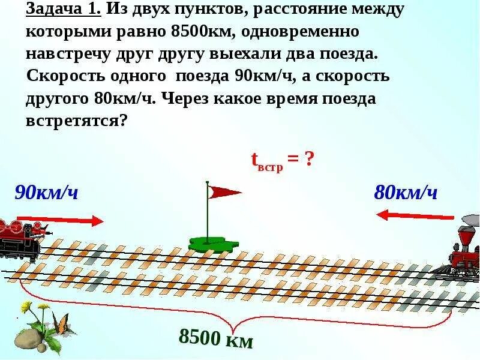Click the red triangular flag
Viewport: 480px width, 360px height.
pyautogui.click(x=222, y=192)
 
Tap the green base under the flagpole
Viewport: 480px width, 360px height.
pyautogui.click(x=212, y=242)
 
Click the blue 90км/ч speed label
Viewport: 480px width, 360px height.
pyautogui.click(x=47, y=193)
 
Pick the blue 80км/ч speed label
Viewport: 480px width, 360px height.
pyautogui.click(x=406, y=193)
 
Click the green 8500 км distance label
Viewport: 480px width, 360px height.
pyautogui.click(x=217, y=339)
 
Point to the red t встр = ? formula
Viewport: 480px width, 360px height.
pyautogui.click(x=282, y=161)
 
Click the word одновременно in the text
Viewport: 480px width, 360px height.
pyautogui.click(x=305, y=32)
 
